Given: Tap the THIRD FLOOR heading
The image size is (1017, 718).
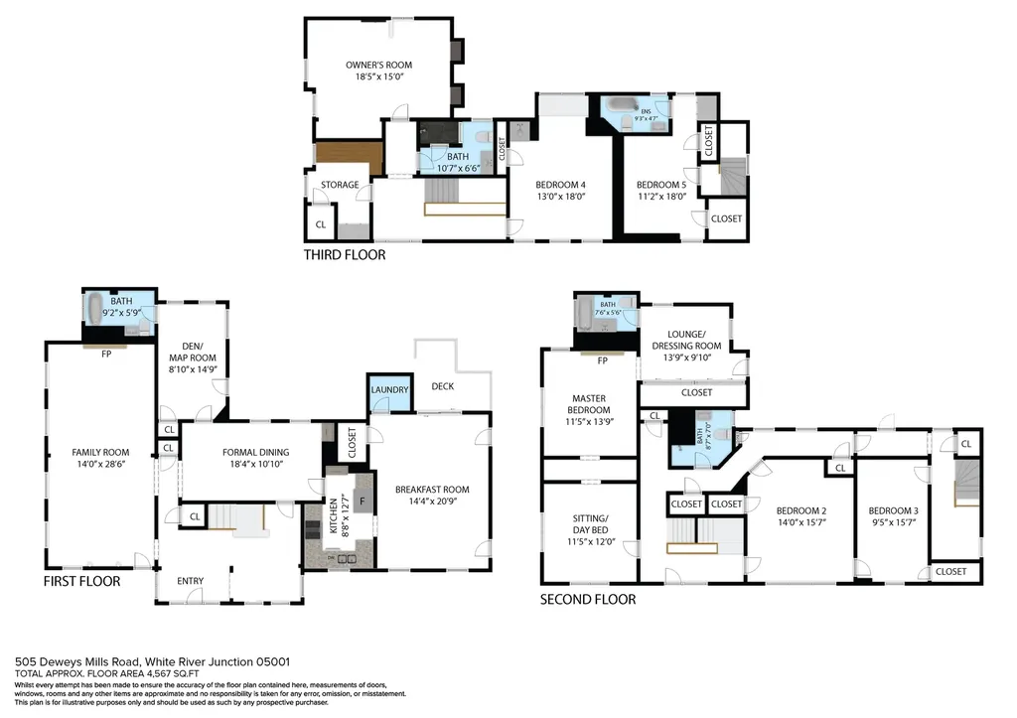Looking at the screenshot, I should (x=345, y=255).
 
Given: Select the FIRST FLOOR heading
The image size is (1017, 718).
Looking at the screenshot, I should (x=81, y=581).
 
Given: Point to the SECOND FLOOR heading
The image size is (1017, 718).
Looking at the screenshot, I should (x=587, y=599).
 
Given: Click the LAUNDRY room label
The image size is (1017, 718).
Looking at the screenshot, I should (x=389, y=390).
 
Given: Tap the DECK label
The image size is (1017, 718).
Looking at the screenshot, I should (x=443, y=385).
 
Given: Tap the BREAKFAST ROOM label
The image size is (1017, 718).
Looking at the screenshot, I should (x=432, y=490).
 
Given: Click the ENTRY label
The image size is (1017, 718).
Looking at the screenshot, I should (x=190, y=581).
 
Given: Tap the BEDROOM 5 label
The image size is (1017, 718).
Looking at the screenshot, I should (x=660, y=184).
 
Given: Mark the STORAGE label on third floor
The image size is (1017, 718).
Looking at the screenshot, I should (x=339, y=185).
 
